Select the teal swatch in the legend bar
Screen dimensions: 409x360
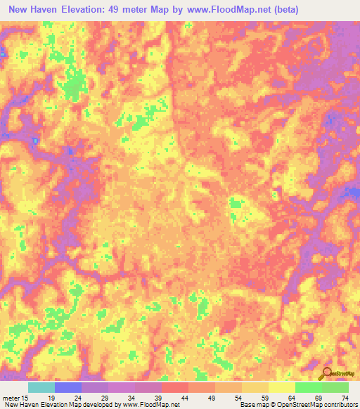tap(41, 387)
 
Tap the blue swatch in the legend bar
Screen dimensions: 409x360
tap(68, 387)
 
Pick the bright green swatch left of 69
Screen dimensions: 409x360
tap(308, 387)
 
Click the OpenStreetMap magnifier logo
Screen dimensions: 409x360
tap(327, 373)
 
